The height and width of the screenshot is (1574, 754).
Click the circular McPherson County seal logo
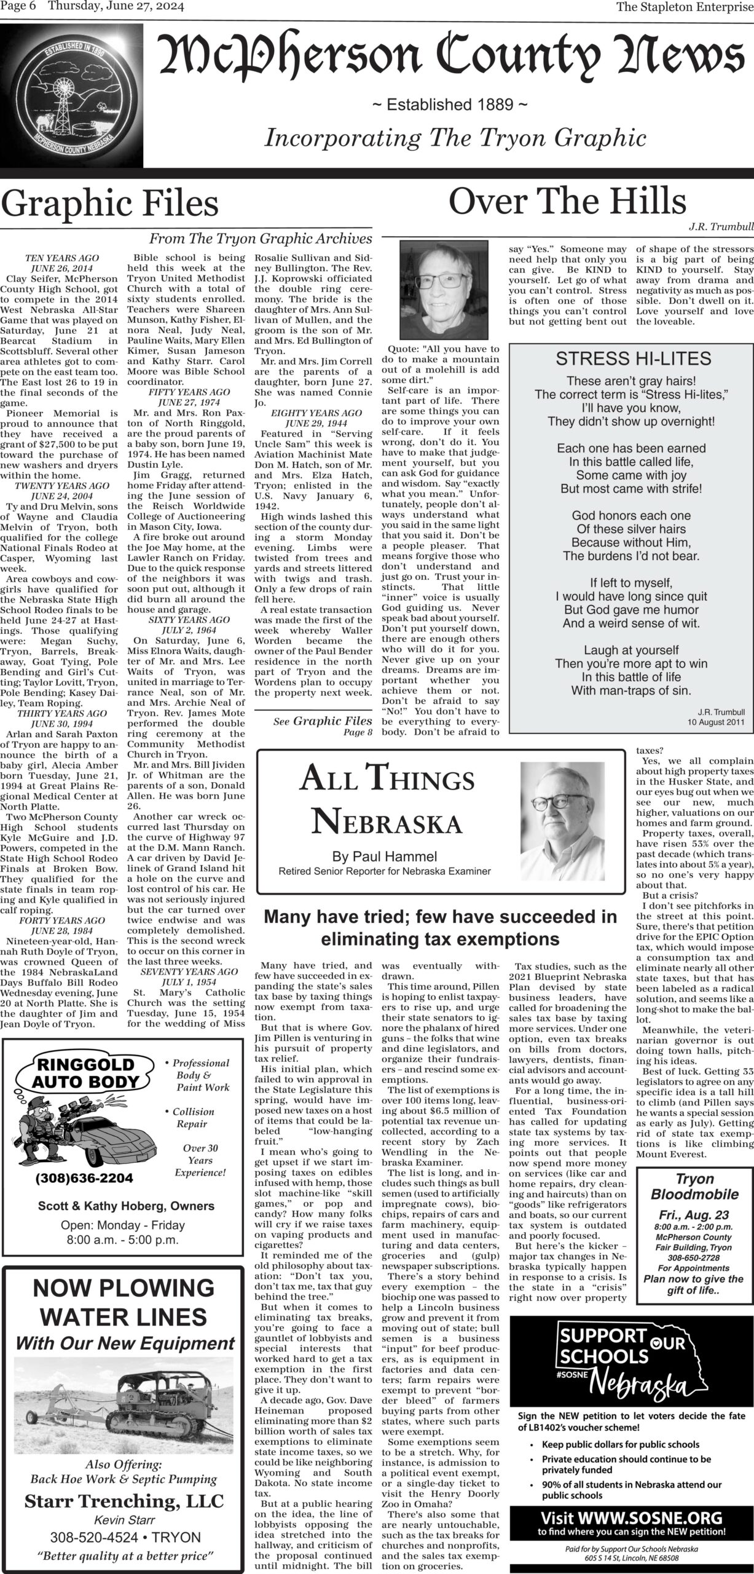pyautogui.click(x=73, y=98)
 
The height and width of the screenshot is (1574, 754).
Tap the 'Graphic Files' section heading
pyautogui.click(x=110, y=204)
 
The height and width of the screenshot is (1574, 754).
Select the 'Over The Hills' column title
pyautogui.click(x=567, y=201)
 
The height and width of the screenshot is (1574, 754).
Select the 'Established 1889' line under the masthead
pyautogui.click(x=450, y=105)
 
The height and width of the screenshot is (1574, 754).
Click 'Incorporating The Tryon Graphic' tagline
pyautogui.click(x=455, y=138)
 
